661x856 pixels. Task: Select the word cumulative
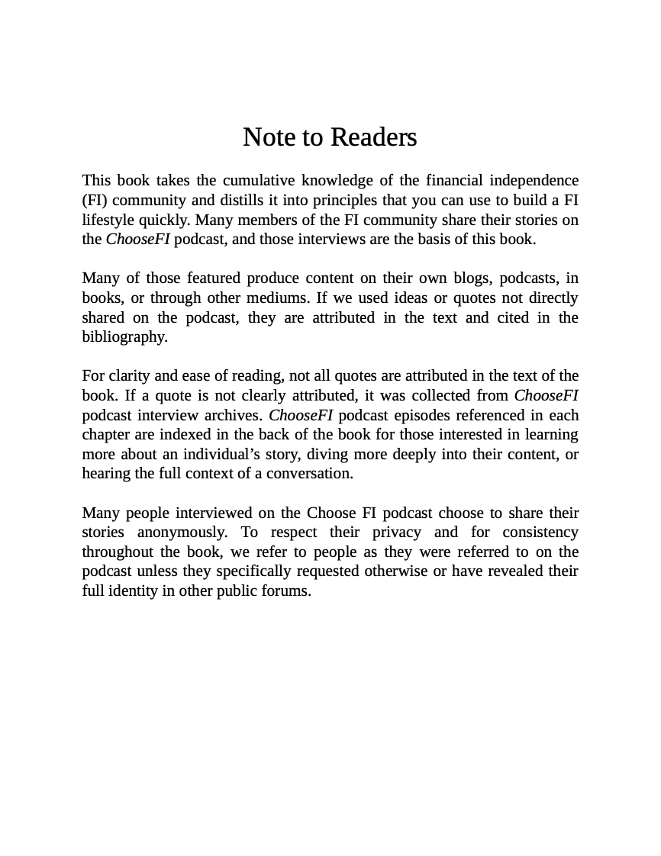258,181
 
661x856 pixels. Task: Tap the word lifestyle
107,220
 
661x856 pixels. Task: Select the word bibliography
124,337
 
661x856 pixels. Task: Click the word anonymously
182,533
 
